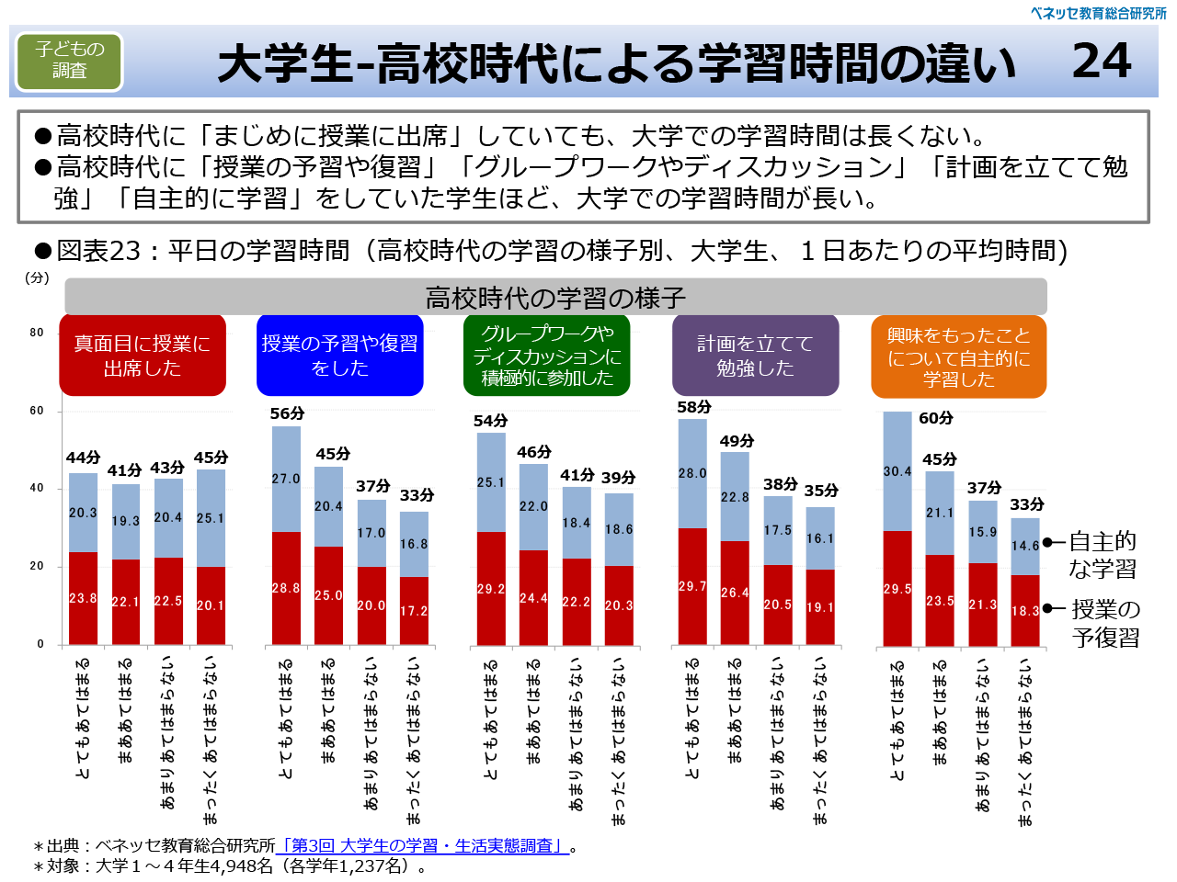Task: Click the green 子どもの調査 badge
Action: click(x=69, y=61)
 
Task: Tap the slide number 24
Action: click(x=1101, y=62)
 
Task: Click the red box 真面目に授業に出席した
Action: click(x=143, y=356)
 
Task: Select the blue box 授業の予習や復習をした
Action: click(x=339, y=356)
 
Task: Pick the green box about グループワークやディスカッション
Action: click(x=547, y=356)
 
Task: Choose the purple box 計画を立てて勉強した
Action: click(x=755, y=356)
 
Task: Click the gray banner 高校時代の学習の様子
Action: click(x=555, y=298)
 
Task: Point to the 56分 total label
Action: click(x=287, y=413)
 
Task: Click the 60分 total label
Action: click(x=935, y=418)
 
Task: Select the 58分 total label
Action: click(x=693, y=407)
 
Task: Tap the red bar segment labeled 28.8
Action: click(x=286, y=588)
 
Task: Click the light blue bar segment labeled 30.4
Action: click(x=897, y=471)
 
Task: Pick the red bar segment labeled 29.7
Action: click(x=692, y=586)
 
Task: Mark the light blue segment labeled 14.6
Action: click(x=1025, y=546)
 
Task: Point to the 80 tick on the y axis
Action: click(x=37, y=333)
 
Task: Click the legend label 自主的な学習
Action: click(x=1103, y=555)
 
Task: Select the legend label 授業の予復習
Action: click(x=1105, y=623)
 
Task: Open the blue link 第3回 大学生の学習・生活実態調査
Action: click(x=423, y=845)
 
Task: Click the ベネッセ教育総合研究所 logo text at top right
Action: click(x=1098, y=13)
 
